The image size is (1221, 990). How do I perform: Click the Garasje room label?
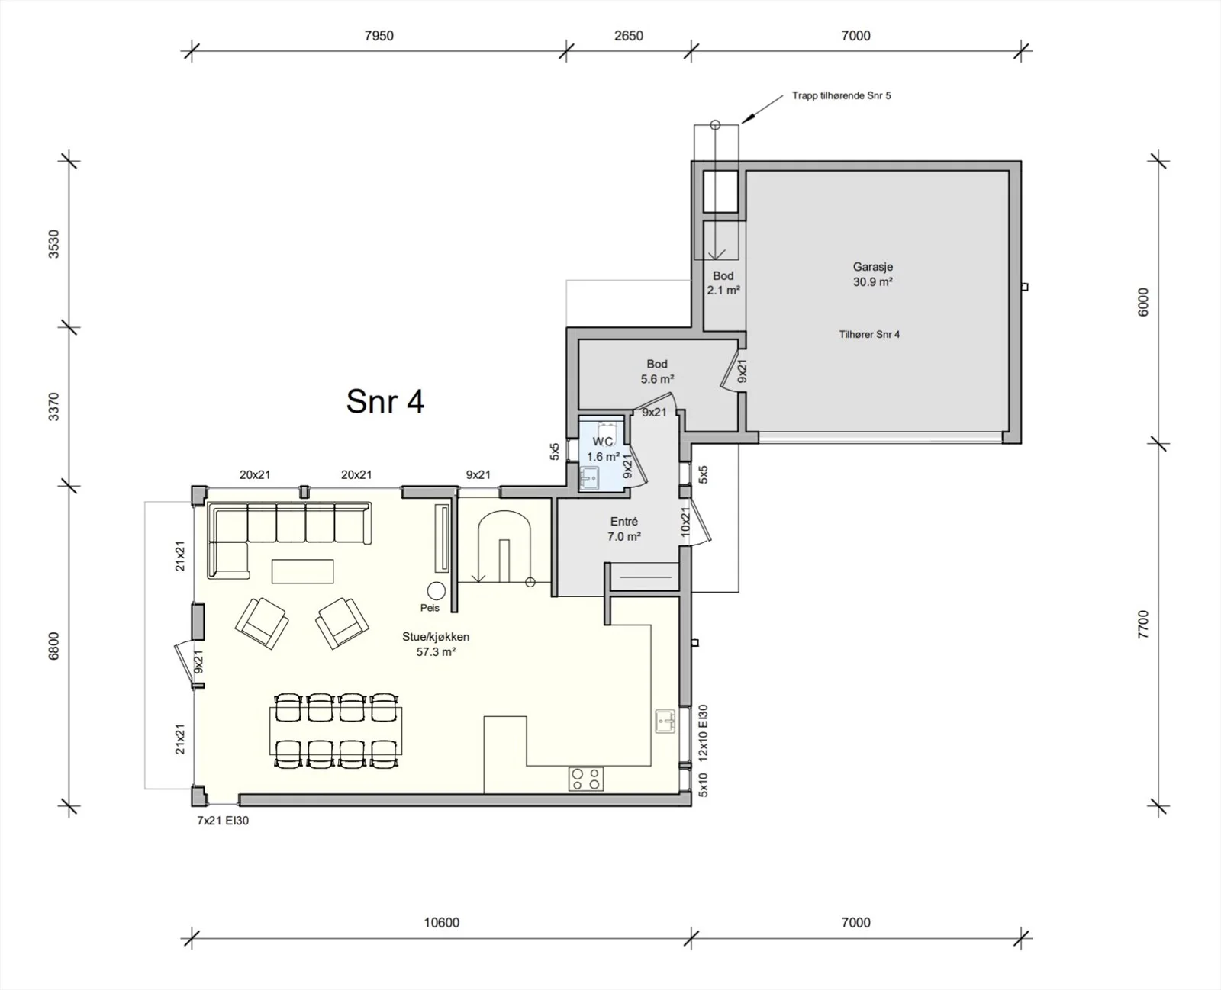click(x=872, y=267)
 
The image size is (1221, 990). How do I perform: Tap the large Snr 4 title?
click(x=385, y=401)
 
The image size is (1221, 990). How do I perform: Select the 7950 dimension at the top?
click(x=379, y=36)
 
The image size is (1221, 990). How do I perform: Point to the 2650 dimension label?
click(x=628, y=36)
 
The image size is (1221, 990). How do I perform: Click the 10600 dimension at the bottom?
click(x=441, y=922)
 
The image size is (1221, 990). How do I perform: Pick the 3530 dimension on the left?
click(x=53, y=244)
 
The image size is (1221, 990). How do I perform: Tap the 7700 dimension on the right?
click(x=1143, y=625)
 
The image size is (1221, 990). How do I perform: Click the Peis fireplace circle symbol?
click(x=436, y=590)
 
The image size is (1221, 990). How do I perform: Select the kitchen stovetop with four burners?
click(x=586, y=779)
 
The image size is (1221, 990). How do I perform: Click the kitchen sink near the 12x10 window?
click(x=665, y=722)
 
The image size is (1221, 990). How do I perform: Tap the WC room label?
click(x=602, y=442)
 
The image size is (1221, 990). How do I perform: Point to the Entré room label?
click(x=623, y=522)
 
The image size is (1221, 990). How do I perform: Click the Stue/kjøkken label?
click(x=436, y=637)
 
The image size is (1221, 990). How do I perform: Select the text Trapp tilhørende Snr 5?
click(x=842, y=95)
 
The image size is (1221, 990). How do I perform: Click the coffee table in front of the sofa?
click(x=302, y=571)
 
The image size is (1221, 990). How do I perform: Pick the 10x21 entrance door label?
click(x=685, y=522)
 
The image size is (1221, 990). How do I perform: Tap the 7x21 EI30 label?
click(x=223, y=821)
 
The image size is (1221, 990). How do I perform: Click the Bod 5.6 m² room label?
click(x=657, y=371)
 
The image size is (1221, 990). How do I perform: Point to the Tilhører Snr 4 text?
click(x=869, y=335)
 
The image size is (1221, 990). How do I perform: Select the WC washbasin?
click(x=588, y=477)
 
